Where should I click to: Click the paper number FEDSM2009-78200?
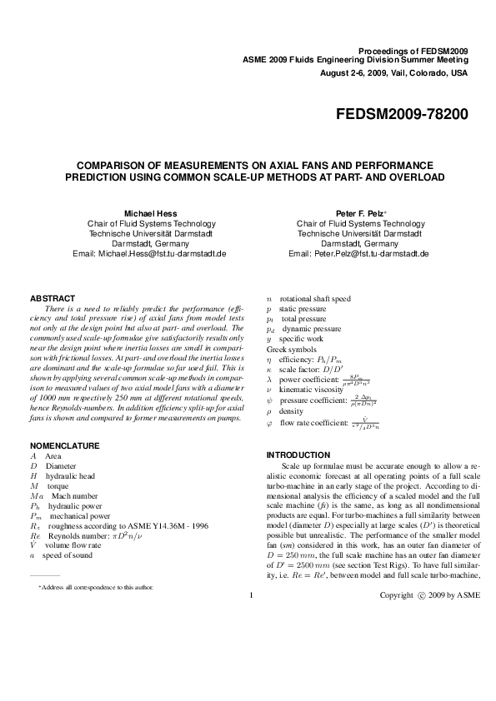(x=402, y=113)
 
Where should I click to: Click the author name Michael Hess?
(x=150, y=213)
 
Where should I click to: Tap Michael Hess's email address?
(x=150, y=253)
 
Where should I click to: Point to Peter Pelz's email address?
(x=358, y=253)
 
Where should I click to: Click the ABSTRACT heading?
(x=53, y=298)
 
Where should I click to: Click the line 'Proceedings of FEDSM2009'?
(x=418, y=51)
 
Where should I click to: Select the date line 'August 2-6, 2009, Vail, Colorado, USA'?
(x=394, y=72)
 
